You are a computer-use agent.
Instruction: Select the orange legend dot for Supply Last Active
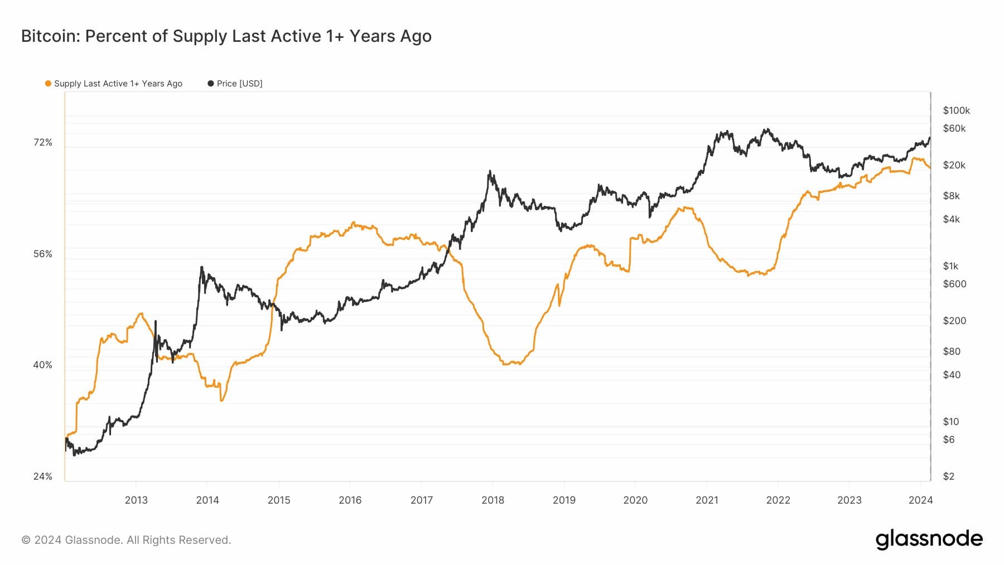(x=48, y=84)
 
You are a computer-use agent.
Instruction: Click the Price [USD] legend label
(x=239, y=84)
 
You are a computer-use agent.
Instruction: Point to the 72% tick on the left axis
(x=43, y=143)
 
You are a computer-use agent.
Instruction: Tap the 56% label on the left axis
(x=43, y=254)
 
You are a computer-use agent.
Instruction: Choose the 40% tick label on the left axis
(x=43, y=365)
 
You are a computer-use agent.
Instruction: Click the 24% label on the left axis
(x=43, y=476)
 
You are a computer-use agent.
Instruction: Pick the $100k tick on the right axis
(x=956, y=110)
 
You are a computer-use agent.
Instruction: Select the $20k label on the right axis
(x=954, y=165)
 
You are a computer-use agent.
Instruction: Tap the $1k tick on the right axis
(x=950, y=266)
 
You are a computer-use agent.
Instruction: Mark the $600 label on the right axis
(x=954, y=284)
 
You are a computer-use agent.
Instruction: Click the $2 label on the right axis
(x=948, y=476)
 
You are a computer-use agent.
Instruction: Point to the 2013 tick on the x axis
(x=136, y=500)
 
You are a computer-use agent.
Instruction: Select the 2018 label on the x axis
(x=493, y=500)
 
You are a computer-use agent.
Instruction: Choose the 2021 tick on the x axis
(x=707, y=500)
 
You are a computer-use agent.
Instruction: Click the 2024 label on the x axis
(x=920, y=500)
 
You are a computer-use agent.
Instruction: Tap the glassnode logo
(x=929, y=539)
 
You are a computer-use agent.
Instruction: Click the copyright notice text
(x=126, y=540)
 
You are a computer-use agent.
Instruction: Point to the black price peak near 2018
(x=490, y=172)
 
